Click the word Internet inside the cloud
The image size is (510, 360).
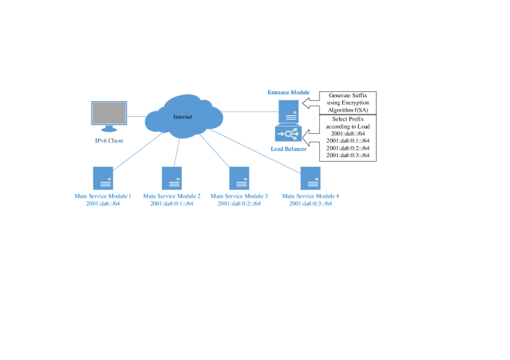pyautogui.click(x=183, y=117)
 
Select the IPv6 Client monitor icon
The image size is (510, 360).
pyautogui.click(x=109, y=115)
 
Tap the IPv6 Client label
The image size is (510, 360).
pyautogui.click(x=109, y=141)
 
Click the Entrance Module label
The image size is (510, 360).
pyautogui.click(x=289, y=91)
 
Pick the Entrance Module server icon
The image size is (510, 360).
pyautogui.click(x=288, y=112)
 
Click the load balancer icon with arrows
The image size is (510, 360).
pyautogui.click(x=288, y=134)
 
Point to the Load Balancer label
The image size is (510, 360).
pyautogui.click(x=289, y=149)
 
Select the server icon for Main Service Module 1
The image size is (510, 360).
pyautogui.click(x=103, y=178)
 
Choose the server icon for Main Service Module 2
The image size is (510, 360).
pyautogui.click(x=172, y=178)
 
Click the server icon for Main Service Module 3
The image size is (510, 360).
pyautogui.click(x=240, y=178)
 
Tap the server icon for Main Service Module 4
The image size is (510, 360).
pyautogui.click(x=310, y=178)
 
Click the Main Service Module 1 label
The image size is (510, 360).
pyautogui.click(x=103, y=196)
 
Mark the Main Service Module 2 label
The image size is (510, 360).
pyautogui.click(x=172, y=196)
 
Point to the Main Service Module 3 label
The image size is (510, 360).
pyautogui.click(x=240, y=196)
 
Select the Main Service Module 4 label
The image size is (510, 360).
pyautogui.click(x=310, y=196)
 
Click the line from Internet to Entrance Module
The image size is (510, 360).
pyautogui.click(x=251, y=111)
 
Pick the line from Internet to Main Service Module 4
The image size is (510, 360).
pyautogui.click(x=258, y=153)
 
